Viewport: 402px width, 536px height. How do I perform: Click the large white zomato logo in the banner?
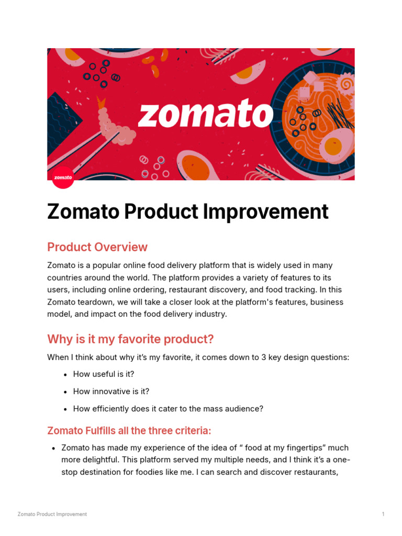205,115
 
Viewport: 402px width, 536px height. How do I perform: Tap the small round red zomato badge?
63,177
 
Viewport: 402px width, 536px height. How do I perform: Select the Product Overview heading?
97,247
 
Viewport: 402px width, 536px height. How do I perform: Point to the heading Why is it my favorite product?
130,339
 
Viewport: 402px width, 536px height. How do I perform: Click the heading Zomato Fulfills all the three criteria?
129,431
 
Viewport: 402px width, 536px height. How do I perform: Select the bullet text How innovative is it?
111,392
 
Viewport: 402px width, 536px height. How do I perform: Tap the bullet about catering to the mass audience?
168,409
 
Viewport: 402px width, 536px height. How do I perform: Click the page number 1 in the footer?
383,515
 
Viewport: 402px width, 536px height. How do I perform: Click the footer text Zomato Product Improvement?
52,515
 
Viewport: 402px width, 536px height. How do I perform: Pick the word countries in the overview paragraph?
64,277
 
